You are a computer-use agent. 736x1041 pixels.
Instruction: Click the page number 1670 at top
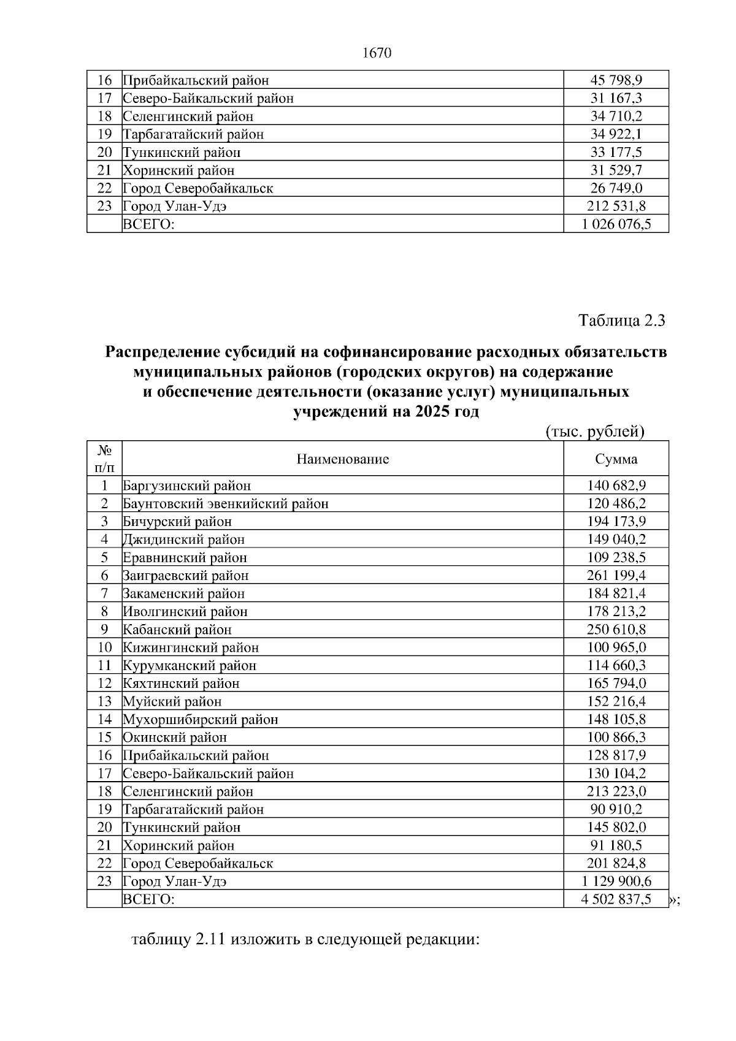377,53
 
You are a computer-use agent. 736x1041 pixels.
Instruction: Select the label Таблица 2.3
622,321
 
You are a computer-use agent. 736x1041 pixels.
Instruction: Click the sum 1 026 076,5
616,224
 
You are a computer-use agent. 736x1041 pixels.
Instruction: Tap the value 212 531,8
616,207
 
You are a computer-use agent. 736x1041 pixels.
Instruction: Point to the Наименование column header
342,459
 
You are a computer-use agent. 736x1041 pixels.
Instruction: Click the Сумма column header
616,459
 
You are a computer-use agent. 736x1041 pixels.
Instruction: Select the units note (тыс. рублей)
594,432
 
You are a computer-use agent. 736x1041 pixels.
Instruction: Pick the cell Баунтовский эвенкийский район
226,504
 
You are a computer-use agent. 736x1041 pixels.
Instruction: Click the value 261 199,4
616,576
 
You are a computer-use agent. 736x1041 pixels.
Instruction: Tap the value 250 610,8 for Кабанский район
616,630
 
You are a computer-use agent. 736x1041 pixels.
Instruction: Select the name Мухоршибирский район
201,719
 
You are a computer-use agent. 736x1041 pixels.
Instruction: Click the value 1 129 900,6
616,881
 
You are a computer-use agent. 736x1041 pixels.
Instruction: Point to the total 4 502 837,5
616,899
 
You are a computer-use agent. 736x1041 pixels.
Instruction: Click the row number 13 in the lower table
105,701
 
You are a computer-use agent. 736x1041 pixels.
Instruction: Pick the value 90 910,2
616,809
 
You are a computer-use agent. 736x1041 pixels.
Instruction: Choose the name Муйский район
172,701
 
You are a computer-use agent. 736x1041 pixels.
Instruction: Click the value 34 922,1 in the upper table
616,134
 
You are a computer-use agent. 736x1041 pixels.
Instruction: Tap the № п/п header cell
105,459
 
